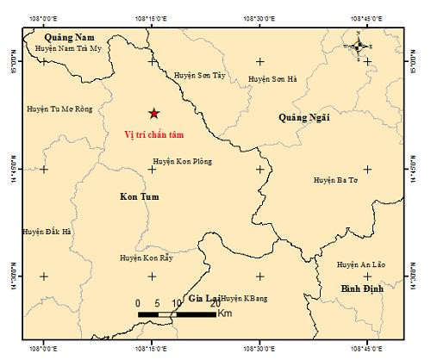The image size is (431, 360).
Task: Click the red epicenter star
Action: [153, 113]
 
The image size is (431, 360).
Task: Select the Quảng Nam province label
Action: [71, 37]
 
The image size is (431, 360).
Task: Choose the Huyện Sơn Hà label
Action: [272, 79]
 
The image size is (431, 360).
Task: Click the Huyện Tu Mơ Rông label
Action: [59, 109]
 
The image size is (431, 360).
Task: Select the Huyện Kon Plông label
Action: [183, 161]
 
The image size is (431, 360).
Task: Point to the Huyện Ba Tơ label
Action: [335, 180]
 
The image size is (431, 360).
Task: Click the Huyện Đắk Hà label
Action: [47, 232]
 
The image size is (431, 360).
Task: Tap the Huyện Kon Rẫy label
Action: [148, 257]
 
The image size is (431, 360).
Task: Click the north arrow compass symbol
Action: [360, 46]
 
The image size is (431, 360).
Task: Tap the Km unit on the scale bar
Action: [224, 315]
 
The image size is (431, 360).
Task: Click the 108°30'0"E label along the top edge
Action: [259, 17]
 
